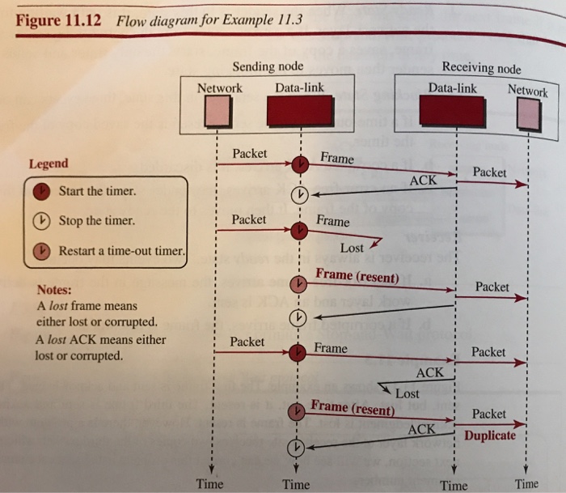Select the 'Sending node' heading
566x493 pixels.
(268, 66)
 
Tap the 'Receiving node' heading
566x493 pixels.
(481, 68)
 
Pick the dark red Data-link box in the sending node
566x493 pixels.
(299, 112)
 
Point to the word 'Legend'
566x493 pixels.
(49, 164)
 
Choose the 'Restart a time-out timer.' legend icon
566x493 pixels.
(41, 250)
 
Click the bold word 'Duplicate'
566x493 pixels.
(490, 436)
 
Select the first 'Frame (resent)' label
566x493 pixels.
(357, 276)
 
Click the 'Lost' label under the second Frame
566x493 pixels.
(352, 249)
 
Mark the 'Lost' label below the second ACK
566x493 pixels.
(408, 393)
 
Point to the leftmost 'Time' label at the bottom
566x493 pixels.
(209, 483)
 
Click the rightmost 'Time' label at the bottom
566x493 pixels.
(526, 484)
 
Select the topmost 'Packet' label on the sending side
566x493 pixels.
(249, 154)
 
